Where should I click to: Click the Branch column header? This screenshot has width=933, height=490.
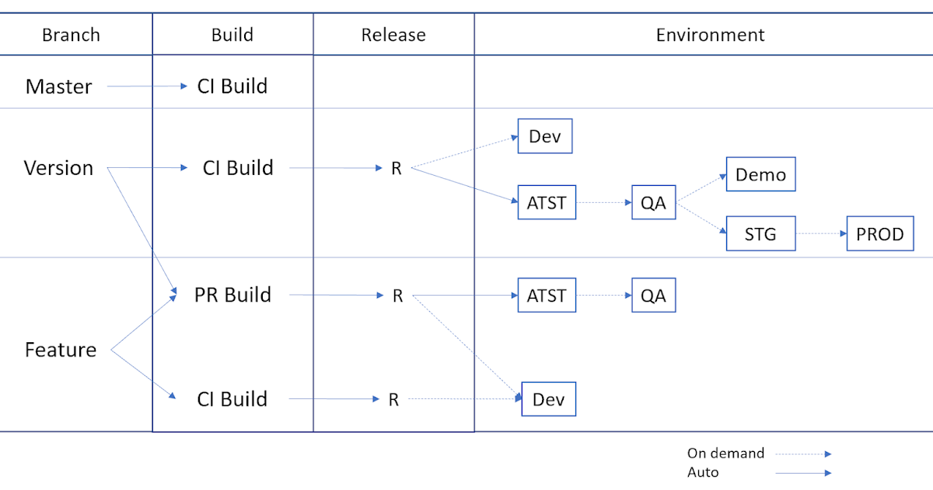[x=71, y=35]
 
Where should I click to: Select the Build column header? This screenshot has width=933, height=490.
[x=232, y=35]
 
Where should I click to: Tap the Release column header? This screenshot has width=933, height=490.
[x=393, y=35]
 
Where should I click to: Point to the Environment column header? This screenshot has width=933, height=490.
[x=710, y=35]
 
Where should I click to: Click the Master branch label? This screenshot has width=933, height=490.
[x=58, y=86]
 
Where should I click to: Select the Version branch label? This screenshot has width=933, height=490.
[x=58, y=168]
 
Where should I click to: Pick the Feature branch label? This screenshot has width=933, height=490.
[x=61, y=350]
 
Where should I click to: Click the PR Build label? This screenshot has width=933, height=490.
[x=232, y=295]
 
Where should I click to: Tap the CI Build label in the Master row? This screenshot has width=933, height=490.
[x=232, y=86]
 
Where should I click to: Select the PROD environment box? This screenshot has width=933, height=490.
[x=879, y=234]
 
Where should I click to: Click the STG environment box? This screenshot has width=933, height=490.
[x=760, y=234]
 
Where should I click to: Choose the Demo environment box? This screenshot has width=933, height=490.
[x=760, y=175]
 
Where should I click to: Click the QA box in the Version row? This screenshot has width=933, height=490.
[x=653, y=203]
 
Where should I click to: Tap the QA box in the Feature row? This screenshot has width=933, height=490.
[x=653, y=296]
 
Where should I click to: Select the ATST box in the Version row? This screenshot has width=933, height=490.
[x=547, y=203]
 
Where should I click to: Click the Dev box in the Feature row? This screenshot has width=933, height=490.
[x=548, y=400]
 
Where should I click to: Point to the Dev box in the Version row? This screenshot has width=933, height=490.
[x=545, y=137]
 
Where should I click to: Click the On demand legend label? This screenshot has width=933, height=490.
[x=725, y=453]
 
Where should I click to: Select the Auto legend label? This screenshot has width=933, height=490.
[x=703, y=472]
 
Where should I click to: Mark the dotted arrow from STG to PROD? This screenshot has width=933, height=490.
[x=820, y=234]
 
